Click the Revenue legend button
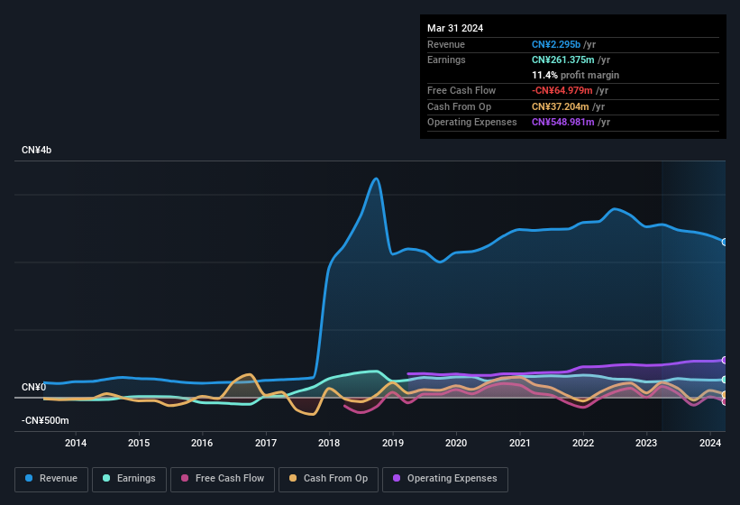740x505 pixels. pos(52,479)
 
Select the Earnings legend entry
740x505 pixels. pos(129,479)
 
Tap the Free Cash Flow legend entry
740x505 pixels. pos(223,479)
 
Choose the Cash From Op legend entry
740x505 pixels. pos(328,479)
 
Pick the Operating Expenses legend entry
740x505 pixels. pos(444,479)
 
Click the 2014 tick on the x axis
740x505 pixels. pos(76,443)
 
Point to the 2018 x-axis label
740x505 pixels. pos(329,443)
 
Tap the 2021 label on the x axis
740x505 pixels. pos(519,443)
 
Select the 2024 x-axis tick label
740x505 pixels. pos(709,443)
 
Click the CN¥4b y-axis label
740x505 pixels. pos(37,150)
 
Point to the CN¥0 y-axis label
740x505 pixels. pos(33,388)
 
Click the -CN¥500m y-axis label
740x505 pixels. pos(45,421)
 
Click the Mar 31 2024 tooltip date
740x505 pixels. pos(455,28)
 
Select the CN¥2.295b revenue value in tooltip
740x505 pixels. pos(556,44)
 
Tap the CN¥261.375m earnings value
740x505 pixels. pos(562,60)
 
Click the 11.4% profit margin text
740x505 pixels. pos(575,75)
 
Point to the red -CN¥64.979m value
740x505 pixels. pos(562,90)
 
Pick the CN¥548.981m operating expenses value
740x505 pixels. pos(562,122)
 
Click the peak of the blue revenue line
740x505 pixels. pos(376,179)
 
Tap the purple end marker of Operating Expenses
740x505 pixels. pos(725,360)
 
